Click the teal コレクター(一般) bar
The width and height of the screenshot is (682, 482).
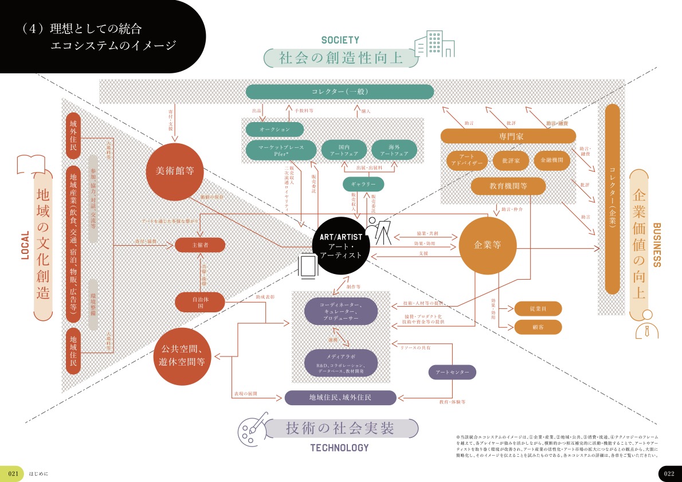point(340,92)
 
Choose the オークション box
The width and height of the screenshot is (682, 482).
point(275,129)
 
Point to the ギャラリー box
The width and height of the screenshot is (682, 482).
point(363,184)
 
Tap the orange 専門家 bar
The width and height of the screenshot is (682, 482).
point(508,136)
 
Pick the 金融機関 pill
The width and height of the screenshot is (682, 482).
point(552,160)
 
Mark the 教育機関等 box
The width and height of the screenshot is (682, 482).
point(508,186)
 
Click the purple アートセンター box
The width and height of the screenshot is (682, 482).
point(452,373)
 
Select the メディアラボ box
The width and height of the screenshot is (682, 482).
point(340,362)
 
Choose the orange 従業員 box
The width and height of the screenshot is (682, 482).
point(538,308)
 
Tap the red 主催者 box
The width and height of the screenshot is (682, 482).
point(199,245)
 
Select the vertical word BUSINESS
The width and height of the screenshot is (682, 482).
point(657,245)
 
